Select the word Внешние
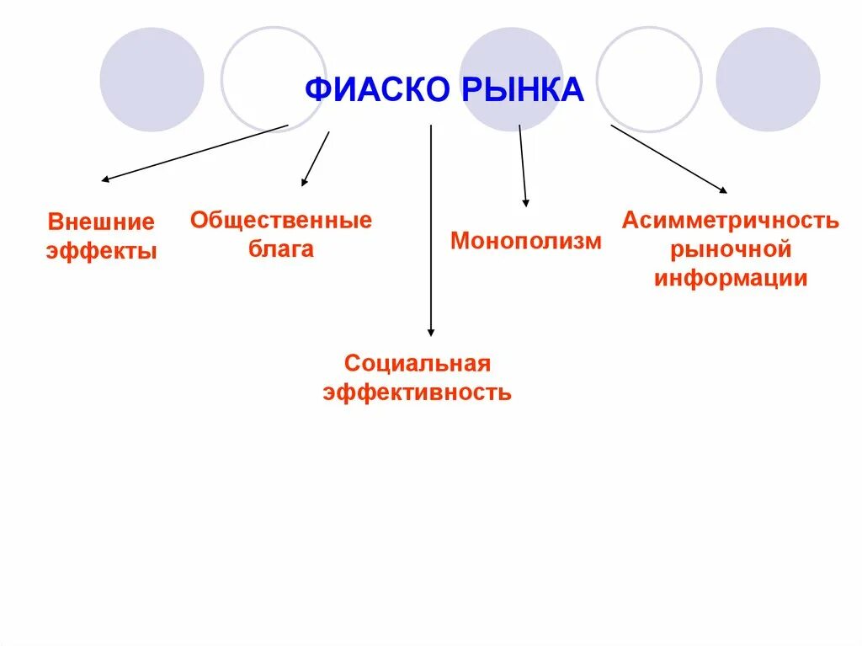point(101,222)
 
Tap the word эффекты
point(101,251)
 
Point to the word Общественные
point(280,221)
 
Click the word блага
point(280,249)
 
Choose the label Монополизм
point(526,241)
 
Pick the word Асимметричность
point(730,221)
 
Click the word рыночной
point(730,249)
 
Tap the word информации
point(730,278)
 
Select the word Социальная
point(417,364)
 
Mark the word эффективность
point(417,392)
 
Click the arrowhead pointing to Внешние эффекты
point(104,179)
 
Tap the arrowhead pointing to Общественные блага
point(304,182)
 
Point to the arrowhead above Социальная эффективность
point(431,332)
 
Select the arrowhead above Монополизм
point(526,202)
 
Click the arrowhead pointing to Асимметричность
point(723,191)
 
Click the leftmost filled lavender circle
point(152,80)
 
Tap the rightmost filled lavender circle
point(768,80)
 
